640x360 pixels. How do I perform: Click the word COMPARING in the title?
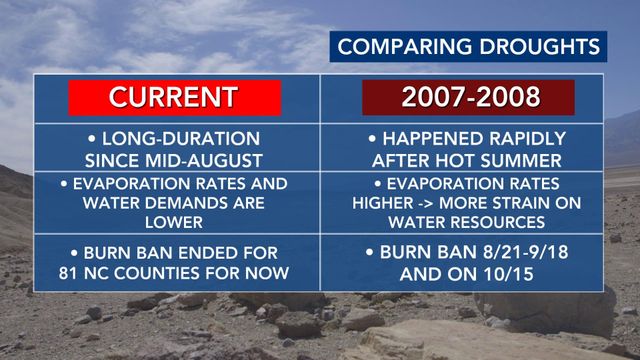point(405,47)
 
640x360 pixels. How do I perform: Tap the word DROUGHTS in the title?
point(540,47)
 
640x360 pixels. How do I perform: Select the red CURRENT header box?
point(175,98)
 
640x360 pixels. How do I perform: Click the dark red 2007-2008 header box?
point(469,97)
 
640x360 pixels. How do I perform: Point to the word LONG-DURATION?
point(181,139)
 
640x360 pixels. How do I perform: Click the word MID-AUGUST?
point(204,161)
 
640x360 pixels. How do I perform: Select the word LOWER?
point(174,222)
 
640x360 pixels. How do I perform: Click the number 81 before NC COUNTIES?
point(69,273)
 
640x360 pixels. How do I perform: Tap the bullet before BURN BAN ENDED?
point(74,253)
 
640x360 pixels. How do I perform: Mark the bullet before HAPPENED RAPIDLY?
point(372,139)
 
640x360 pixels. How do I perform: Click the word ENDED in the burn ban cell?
point(208,253)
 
